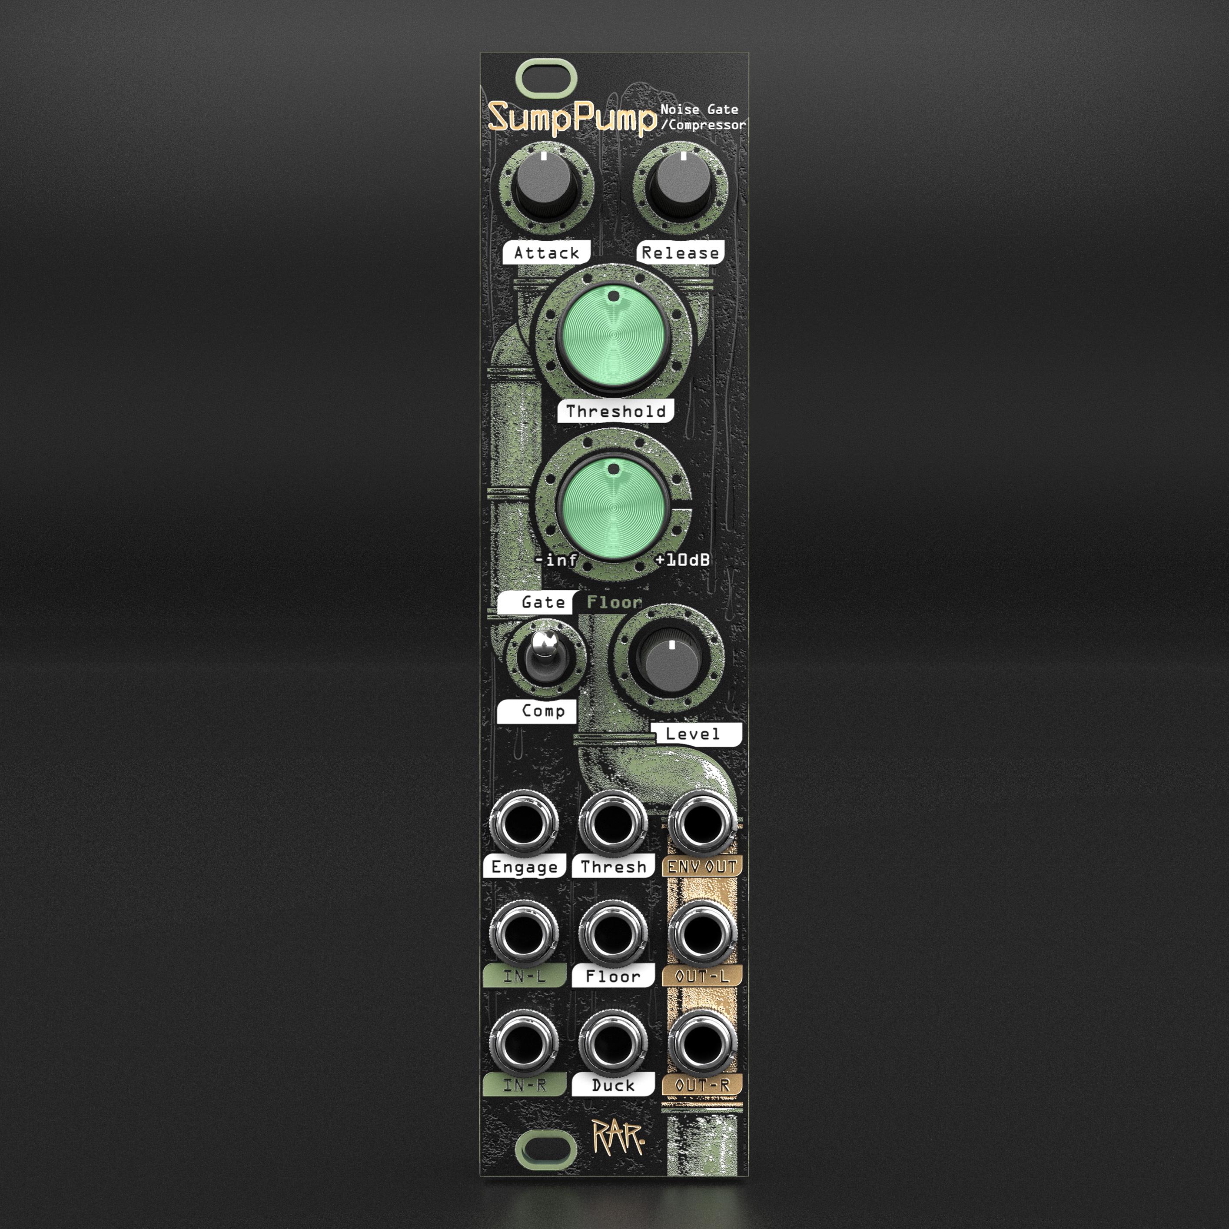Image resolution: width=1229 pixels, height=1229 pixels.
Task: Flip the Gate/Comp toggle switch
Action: [543, 655]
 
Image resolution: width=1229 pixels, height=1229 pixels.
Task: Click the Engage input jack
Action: [524, 824]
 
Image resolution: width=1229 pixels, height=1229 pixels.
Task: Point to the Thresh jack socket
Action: [613, 824]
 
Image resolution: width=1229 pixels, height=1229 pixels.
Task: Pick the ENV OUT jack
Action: [702, 824]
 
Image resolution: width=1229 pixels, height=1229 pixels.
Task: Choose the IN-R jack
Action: [524, 1043]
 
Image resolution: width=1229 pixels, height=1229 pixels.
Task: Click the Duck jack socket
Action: [613, 1043]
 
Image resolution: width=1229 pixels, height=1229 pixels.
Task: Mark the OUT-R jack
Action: [702, 1043]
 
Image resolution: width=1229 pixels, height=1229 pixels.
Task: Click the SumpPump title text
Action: [571, 118]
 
